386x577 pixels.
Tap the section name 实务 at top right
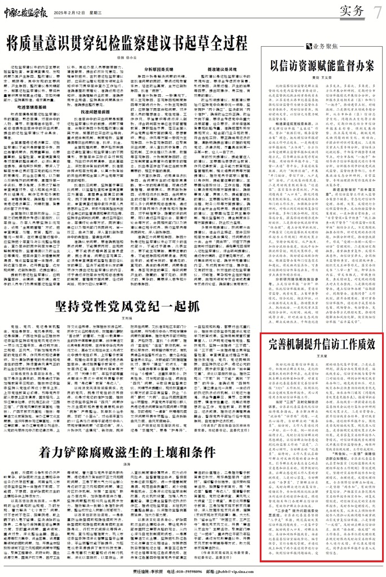click(x=348, y=10)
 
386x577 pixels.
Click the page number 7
click(x=376, y=10)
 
